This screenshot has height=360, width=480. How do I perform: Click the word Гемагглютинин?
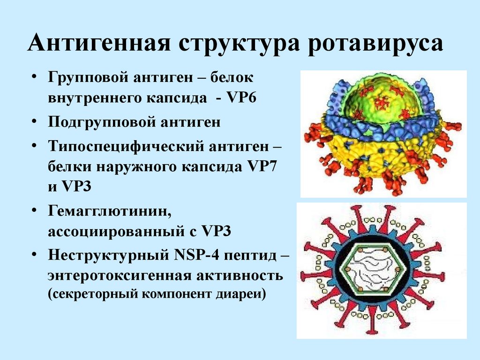pos(110,212)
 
